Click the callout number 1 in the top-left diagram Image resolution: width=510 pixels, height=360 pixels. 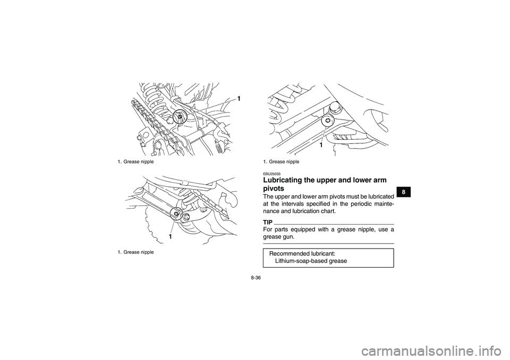(x=239, y=99)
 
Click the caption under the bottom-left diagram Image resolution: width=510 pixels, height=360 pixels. (x=132, y=252)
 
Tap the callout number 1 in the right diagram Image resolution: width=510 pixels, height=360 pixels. (x=321, y=144)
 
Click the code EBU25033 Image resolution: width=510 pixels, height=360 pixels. (x=271, y=174)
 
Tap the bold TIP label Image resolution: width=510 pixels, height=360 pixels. (x=268, y=221)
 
